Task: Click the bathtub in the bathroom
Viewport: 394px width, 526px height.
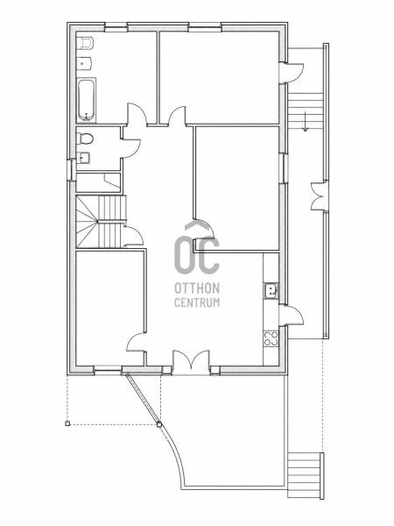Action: (x=87, y=100)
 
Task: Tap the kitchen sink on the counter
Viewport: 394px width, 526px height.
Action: (x=271, y=290)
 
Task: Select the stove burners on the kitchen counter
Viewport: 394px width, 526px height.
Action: (x=271, y=338)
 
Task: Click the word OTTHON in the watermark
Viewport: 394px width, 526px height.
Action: (x=197, y=288)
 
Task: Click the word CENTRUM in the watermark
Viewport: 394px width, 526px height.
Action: (x=197, y=302)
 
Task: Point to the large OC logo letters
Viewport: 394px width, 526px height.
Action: (x=197, y=254)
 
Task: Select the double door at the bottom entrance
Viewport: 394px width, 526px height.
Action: (x=191, y=362)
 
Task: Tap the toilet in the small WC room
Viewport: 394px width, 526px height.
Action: (x=84, y=139)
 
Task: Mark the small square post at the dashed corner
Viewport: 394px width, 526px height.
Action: (x=67, y=423)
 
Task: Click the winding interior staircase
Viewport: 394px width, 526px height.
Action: (x=101, y=222)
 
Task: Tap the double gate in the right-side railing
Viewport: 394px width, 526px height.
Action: (x=319, y=196)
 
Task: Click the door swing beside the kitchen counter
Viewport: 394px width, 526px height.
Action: (x=292, y=316)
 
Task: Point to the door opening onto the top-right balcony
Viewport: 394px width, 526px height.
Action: (x=292, y=73)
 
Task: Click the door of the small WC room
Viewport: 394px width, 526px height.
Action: (x=131, y=148)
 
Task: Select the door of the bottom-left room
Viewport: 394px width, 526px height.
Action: (x=137, y=342)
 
